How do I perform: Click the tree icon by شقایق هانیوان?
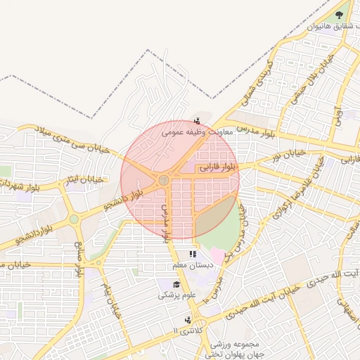click(x=340, y=14)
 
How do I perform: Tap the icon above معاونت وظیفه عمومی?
click(x=197, y=120)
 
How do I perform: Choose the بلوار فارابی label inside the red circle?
click(x=219, y=167)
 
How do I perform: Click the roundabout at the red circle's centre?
click(x=163, y=181)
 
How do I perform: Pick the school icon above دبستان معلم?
click(x=192, y=254)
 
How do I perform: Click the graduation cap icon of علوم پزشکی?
click(x=176, y=285)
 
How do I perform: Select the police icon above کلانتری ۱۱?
click(x=188, y=319)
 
